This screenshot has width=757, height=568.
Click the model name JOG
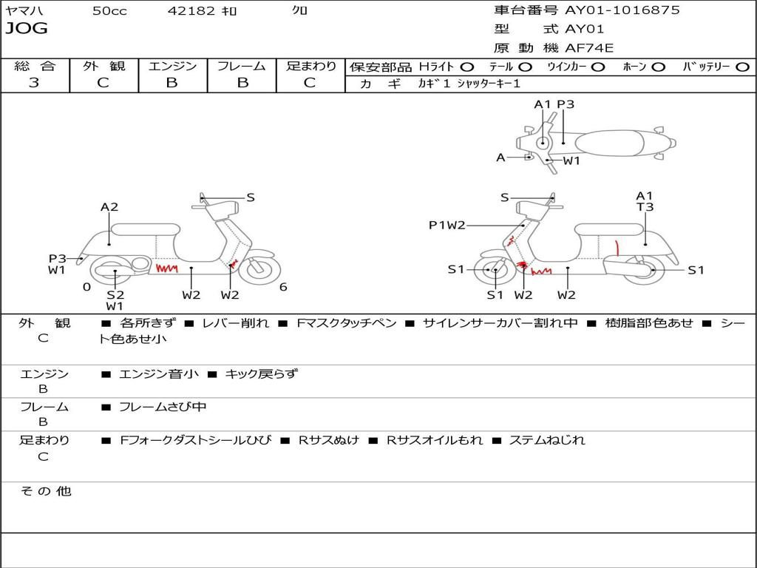27,28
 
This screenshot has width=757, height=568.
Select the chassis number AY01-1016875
622,10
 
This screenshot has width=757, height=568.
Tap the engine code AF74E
589,48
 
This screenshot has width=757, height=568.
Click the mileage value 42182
191,10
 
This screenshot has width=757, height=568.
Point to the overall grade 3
34,82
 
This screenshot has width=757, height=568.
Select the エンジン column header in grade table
172,66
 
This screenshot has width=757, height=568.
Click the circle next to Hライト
467,67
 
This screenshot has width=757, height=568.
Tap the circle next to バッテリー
743,67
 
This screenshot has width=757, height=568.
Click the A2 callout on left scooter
109,207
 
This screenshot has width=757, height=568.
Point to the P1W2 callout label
447,225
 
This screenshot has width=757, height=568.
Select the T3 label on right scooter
645,207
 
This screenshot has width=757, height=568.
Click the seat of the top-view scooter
609,143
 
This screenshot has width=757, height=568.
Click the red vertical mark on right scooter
617,248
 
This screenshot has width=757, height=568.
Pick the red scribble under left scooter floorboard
166,268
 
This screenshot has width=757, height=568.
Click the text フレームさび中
163,408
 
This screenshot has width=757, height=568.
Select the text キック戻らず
261,373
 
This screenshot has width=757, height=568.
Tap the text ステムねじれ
547,441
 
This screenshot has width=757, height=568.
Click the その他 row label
46,492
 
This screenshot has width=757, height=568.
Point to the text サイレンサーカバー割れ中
500,323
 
